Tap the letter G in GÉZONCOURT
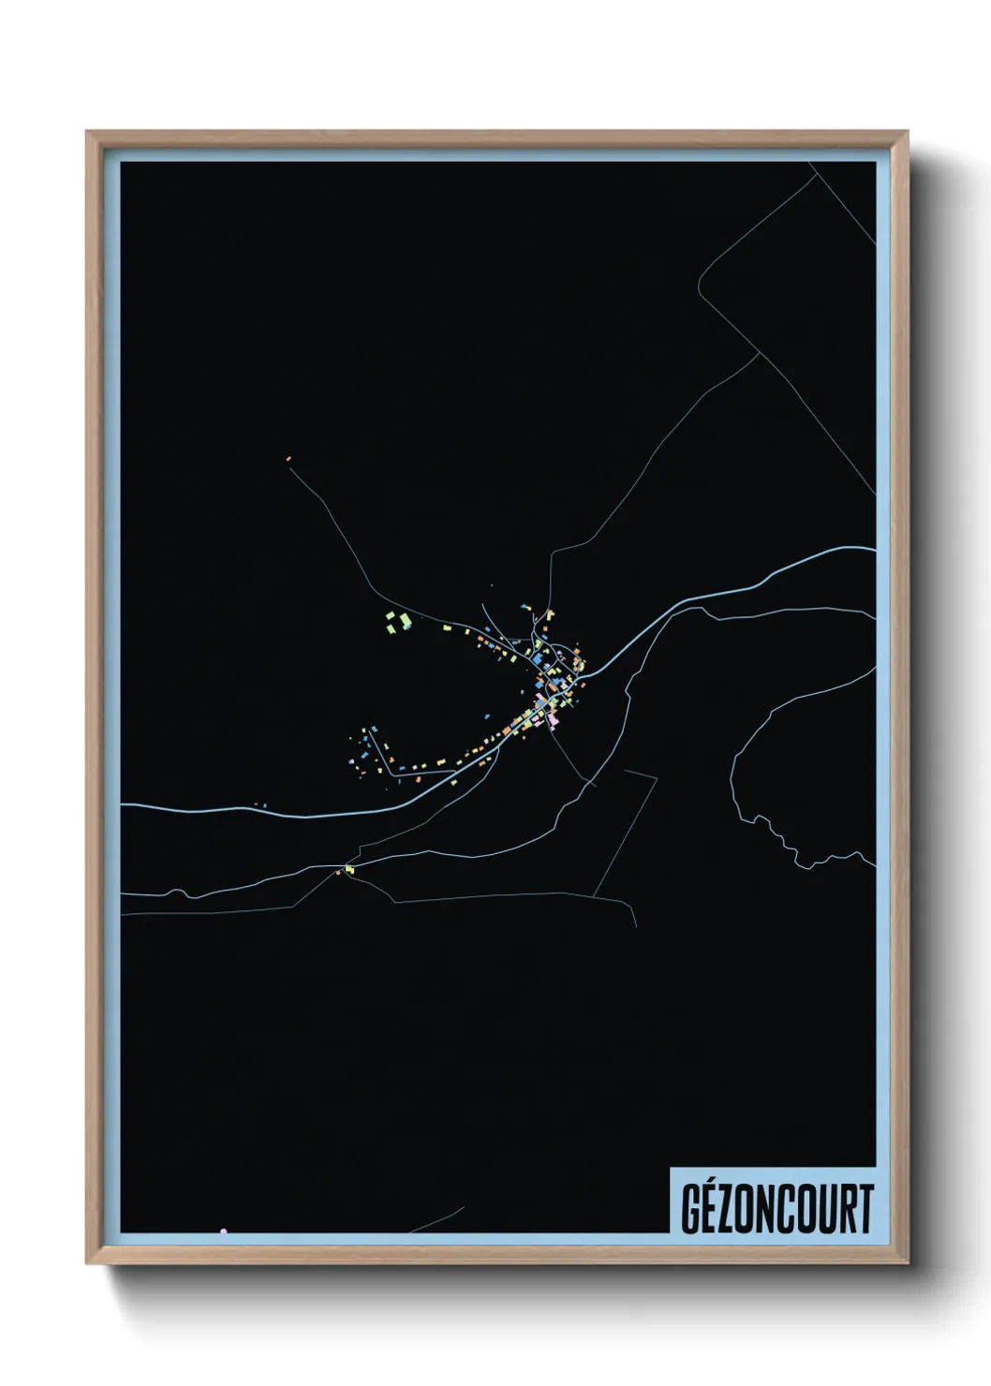point(691,1209)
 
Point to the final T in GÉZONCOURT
point(865,1209)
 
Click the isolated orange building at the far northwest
point(288,458)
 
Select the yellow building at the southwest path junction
point(349,869)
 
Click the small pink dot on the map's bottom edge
point(223,1231)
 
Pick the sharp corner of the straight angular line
point(656,777)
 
